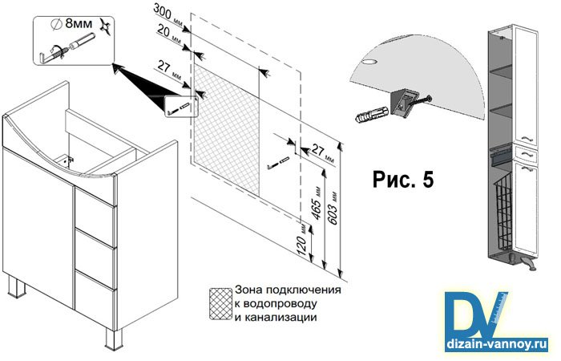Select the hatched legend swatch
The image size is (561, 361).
219,302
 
